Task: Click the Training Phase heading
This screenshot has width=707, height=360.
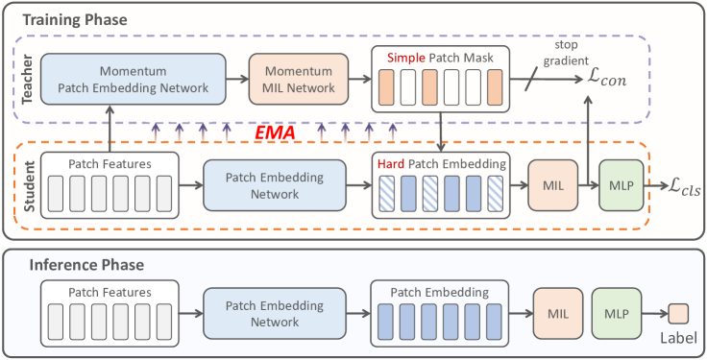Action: click(x=74, y=19)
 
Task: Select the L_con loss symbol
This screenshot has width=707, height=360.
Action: click(x=606, y=81)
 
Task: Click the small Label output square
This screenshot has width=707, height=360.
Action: click(x=678, y=313)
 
